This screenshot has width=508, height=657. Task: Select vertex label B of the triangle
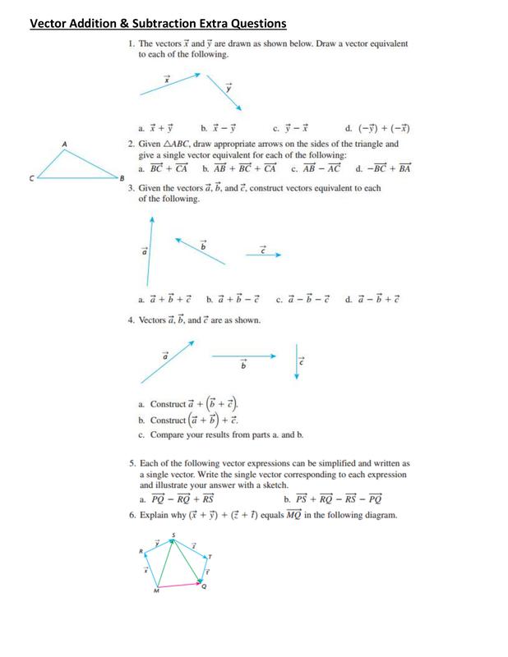(120, 177)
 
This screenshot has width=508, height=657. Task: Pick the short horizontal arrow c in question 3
(263, 255)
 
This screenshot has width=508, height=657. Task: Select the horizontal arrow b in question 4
(243, 356)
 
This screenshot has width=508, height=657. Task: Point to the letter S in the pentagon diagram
(173, 535)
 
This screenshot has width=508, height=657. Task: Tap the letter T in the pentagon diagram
(209, 556)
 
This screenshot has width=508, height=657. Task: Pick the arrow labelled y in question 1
(224, 92)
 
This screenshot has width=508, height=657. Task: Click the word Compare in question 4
(169, 434)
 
